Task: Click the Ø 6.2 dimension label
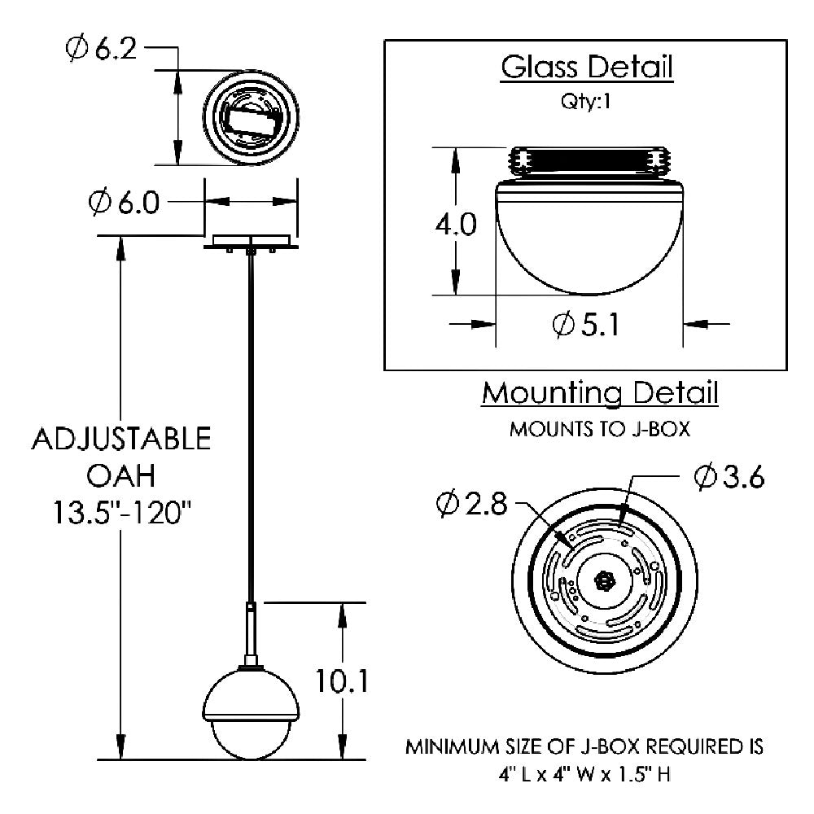101,49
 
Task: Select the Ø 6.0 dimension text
124,203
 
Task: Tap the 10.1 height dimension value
342,681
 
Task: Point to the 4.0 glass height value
456,225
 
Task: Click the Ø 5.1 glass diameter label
586,325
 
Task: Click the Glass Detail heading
587,68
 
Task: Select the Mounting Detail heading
600,393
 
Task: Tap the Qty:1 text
585,101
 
